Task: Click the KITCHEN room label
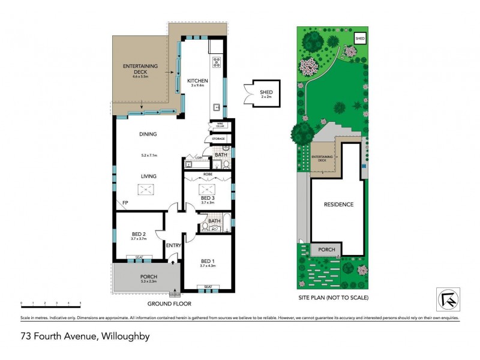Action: (197, 81)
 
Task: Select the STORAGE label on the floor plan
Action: (218, 139)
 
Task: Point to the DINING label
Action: (148, 134)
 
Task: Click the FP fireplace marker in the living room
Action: (125, 203)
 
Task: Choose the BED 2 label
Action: (139, 234)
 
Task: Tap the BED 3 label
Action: (208, 197)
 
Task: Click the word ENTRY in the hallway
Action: (173, 245)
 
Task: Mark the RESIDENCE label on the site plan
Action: (338, 205)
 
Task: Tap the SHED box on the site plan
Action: (360, 38)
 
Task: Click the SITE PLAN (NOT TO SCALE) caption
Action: (333, 298)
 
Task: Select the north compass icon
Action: (447, 299)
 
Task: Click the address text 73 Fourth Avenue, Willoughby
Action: (76, 337)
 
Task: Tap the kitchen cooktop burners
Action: (216, 62)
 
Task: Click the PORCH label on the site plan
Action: (326, 249)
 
